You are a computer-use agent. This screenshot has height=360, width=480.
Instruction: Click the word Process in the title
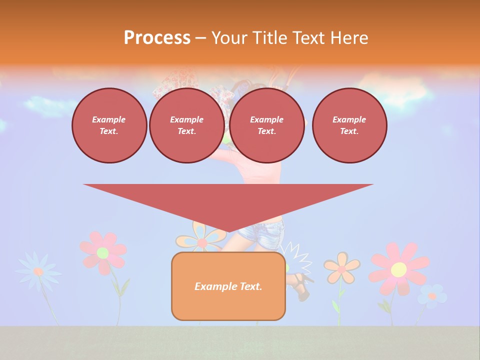click(x=157, y=38)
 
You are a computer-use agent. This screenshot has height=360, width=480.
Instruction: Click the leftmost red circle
click(x=109, y=125)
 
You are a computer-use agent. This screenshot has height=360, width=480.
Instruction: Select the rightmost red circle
click(x=349, y=125)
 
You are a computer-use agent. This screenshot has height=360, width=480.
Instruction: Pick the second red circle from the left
click(x=186, y=125)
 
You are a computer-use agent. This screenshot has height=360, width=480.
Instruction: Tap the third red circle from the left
click(x=266, y=125)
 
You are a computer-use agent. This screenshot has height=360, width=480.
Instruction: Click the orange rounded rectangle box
click(x=228, y=305)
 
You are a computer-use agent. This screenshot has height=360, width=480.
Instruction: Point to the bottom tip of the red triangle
click(x=228, y=232)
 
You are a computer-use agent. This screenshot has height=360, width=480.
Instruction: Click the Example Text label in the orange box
click(x=228, y=286)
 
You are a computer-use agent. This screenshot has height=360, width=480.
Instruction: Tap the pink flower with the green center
click(x=103, y=252)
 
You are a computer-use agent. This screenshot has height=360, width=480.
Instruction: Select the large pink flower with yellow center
click(x=398, y=269)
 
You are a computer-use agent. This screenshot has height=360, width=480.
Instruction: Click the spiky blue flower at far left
click(x=38, y=271)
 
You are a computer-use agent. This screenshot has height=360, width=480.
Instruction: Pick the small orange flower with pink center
click(x=341, y=268)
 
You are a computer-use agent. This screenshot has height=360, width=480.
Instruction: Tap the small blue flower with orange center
click(x=432, y=295)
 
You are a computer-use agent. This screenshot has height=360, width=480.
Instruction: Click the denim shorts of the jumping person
click(x=261, y=234)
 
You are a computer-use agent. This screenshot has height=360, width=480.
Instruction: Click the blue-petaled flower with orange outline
click(x=201, y=238)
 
